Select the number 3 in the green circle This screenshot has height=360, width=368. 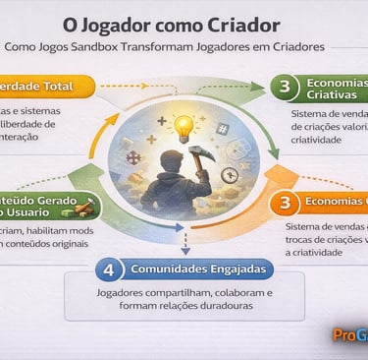285,88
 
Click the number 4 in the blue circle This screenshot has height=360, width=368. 111,269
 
